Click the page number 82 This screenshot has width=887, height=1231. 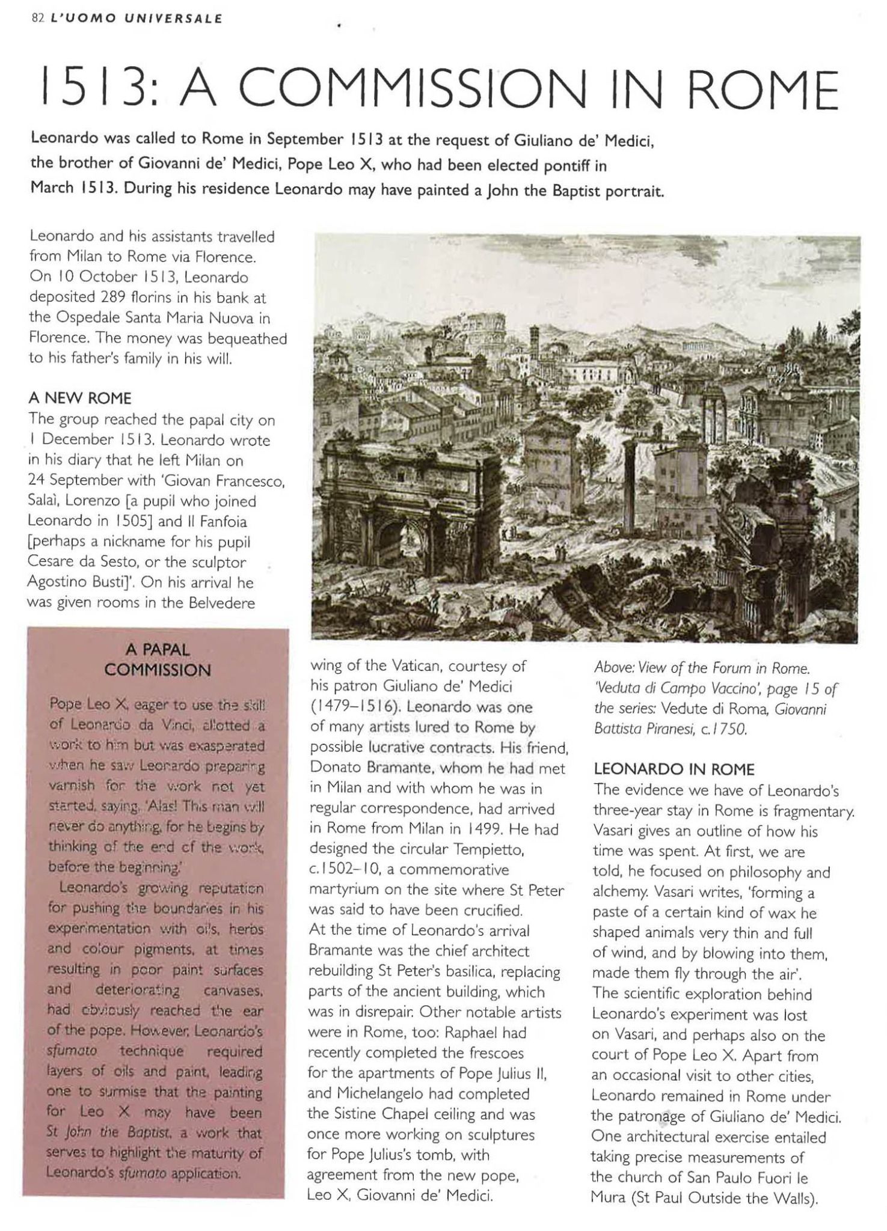tap(37, 18)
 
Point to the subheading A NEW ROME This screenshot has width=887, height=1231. tap(80, 399)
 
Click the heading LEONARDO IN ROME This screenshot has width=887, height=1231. tap(674, 770)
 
